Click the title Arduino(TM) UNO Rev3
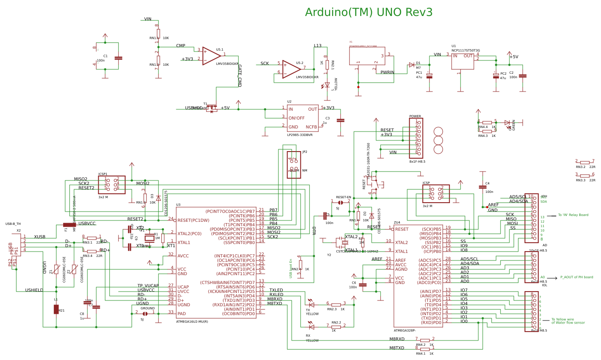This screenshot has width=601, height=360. click(368, 12)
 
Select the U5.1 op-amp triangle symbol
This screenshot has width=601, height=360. click(211, 56)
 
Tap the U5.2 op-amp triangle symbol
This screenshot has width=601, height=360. click(291, 69)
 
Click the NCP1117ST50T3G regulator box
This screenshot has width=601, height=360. click(462, 61)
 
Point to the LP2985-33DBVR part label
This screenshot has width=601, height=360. click(299, 135)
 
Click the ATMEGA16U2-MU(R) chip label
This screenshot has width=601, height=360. click(192, 321)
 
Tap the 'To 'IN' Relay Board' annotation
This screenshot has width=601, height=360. click(573, 215)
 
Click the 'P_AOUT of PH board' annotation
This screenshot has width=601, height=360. click(576, 277)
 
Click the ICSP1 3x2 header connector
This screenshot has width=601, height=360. click(111, 185)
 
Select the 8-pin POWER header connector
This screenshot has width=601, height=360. click(416, 138)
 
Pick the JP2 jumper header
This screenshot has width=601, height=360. click(294, 164)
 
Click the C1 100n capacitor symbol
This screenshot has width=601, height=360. click(118, 58)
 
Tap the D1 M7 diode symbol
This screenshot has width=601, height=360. click(411, 65)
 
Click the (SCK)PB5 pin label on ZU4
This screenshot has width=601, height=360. click(431, 229)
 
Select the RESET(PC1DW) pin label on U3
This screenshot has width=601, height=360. click(193, 220)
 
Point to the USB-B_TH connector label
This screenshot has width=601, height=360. click(13, 224)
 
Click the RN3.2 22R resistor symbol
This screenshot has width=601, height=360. click(585, 163)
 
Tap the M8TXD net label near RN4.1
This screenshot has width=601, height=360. click(397, 348)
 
